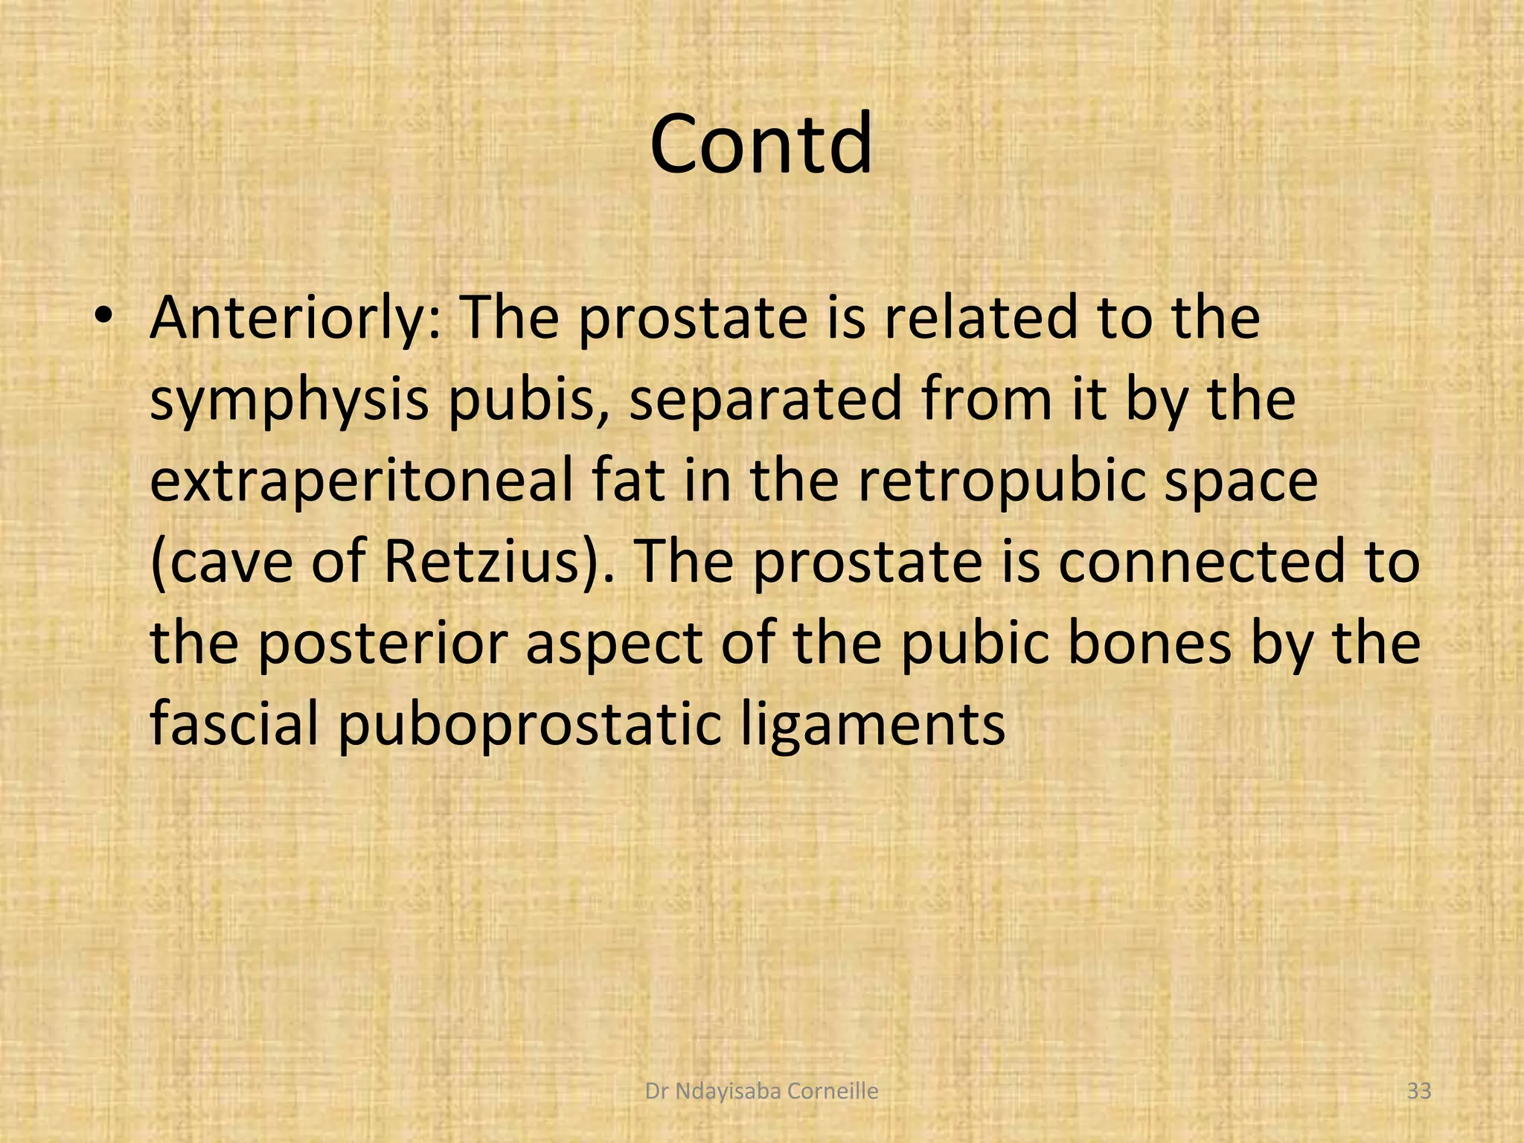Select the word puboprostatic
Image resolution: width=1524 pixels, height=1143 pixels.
529,726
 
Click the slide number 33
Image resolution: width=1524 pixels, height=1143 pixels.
1419,1092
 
